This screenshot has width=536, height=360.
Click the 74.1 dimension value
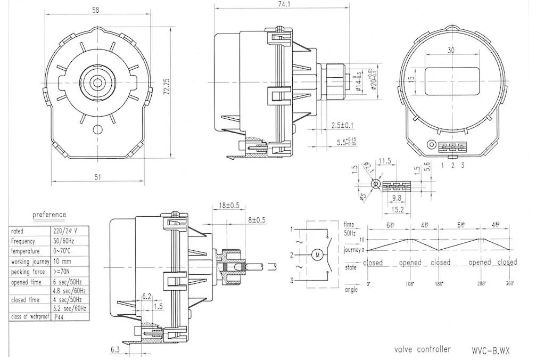coord(280,4)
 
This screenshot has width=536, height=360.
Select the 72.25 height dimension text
coord(167,87)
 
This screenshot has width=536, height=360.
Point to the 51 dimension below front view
coord(97,177)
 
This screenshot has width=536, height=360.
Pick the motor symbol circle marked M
coord(318,254)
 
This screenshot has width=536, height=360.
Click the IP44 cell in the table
coord(61,316)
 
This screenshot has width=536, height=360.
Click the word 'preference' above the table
coord(50,215)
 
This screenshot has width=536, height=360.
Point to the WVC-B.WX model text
coord(490,350)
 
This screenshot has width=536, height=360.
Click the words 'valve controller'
coord(422,349)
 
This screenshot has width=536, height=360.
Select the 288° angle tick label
coord(481,284)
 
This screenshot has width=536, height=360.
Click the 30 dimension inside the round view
coord(451,51)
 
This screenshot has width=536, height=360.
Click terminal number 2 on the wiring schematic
coord(292,255)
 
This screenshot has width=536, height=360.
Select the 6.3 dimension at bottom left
coord(115,349)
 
